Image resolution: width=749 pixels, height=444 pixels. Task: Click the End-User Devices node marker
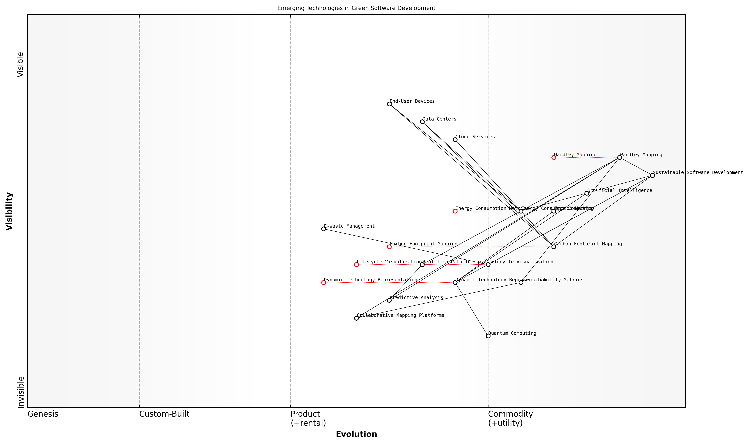[389, 104]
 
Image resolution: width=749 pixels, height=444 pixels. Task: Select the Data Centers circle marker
[422, 122]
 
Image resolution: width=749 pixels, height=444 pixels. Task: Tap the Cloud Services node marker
[455, 140]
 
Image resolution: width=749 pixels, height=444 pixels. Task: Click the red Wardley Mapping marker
[554, 157]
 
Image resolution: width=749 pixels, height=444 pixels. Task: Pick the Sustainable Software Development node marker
[652, 175]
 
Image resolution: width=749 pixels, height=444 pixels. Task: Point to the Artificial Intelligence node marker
[587, 193]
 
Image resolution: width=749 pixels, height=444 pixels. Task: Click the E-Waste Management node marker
[324, 229]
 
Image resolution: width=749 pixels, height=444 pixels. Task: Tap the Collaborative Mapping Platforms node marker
[356, 318]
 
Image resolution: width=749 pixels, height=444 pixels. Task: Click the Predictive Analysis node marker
[389, 300]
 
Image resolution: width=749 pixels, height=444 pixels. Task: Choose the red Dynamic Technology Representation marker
[324, 282]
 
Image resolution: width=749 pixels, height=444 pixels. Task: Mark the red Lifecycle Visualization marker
[356, 265]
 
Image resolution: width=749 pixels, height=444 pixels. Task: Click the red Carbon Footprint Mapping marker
[389, 247]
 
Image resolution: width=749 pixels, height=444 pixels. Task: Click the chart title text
[356, 8]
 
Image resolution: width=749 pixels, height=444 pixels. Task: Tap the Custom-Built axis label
[164, 414]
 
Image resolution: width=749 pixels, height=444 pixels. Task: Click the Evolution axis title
[356, 434]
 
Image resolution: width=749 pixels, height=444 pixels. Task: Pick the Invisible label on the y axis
[21, 392]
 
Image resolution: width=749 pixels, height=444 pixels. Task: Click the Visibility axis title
[9, 211]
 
